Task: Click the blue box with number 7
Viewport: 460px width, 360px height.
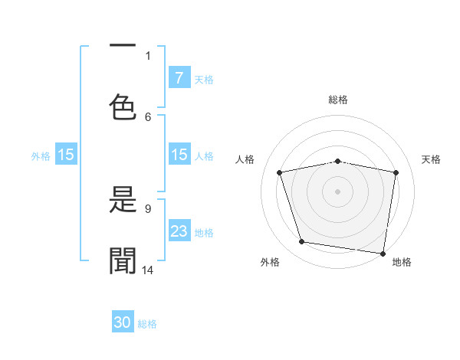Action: coord(179,77)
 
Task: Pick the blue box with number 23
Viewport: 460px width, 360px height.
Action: coord(179,231)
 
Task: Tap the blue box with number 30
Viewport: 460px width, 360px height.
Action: coord(123,323)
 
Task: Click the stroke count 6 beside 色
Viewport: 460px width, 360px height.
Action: coord(148,116)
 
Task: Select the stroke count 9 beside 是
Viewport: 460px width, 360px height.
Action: coord(148,208)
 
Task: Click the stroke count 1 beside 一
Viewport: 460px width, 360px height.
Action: coord(148,55)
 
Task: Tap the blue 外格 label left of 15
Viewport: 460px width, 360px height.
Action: coord(41,156)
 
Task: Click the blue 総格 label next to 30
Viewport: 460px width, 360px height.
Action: coord(147,324)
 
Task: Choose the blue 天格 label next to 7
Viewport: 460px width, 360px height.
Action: coord(204,79)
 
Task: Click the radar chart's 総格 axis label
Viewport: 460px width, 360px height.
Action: coord(338,100)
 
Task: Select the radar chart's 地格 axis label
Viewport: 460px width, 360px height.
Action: coord(402,262)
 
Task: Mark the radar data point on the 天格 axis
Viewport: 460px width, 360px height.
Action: coord(396,172)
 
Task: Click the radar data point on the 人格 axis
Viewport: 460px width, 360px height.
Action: coord(280,172)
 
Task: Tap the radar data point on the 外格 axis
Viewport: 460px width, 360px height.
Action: coord(301,242)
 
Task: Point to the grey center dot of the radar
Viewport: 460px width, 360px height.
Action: coord(338,191)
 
